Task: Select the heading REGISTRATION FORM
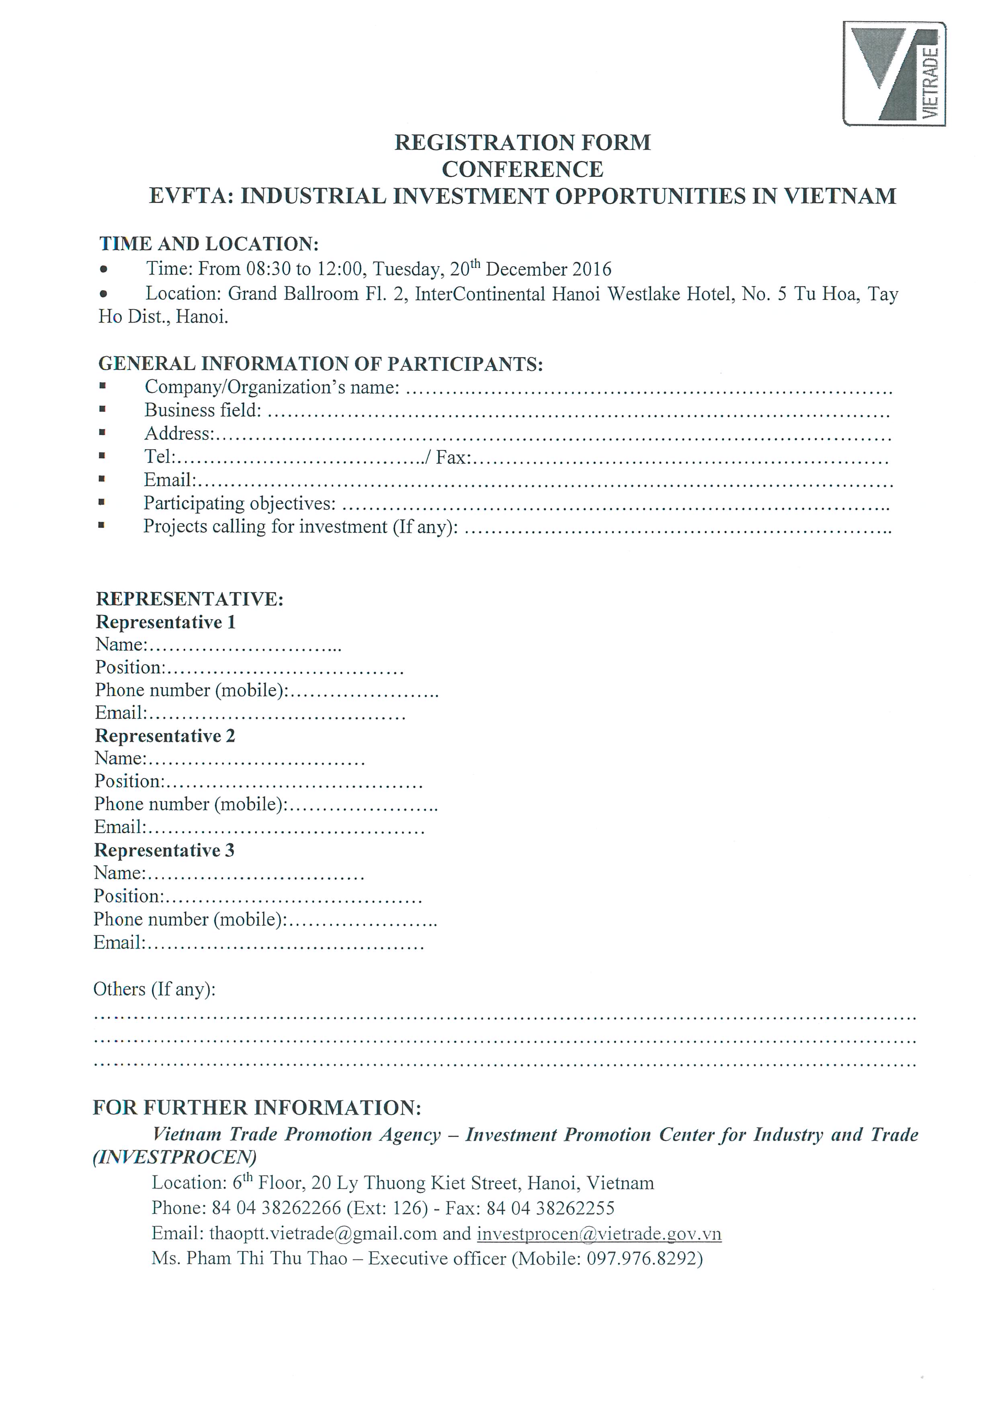coord(522,142)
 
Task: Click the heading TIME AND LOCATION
coord(209,244)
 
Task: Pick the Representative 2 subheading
coord(164,736)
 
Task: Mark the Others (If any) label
coord(154,989)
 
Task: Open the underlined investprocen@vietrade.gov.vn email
coord(598,1234)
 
